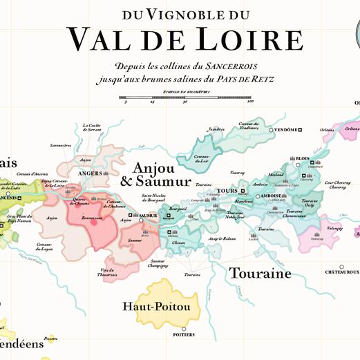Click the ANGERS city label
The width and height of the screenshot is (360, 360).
91,173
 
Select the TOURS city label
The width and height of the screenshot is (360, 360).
227,191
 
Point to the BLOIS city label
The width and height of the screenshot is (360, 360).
303,158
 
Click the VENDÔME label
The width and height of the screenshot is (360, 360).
286,130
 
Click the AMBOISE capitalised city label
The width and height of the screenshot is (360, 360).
270,196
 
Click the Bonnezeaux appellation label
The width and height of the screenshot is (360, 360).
91,218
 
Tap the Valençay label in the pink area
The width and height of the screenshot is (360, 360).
335,227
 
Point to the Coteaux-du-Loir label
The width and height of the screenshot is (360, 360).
202,160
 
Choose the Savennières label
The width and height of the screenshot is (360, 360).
61,146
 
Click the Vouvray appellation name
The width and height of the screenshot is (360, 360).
238,173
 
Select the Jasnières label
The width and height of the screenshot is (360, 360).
216,129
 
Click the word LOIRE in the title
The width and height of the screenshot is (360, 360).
254,40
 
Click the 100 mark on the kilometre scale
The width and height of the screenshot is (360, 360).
249,102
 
